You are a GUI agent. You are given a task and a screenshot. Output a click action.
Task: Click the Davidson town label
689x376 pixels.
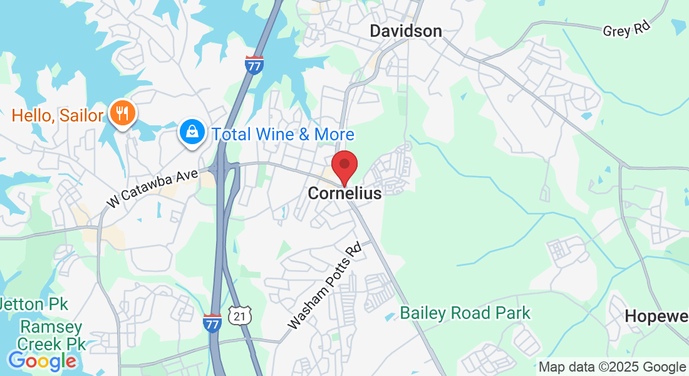pyautogui.click(x=405, y=31)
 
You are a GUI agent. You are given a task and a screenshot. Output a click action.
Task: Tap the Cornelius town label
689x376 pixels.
pyautogui.click(x=344, y=194)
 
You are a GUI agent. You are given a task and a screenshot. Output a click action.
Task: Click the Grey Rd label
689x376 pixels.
pyautogui.click(x=627, y=28)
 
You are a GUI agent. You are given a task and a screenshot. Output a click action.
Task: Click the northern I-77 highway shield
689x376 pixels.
pyautogui.click(x=254, y=65)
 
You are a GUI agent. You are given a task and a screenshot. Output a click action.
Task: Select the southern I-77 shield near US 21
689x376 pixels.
pyautogui.click(x=212, y=323)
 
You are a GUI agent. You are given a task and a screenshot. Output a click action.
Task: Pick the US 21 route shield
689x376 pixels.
pyautogui.click(x=239, y=316)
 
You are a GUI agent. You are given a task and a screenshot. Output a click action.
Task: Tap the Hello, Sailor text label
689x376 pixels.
pyautogui.click(x=57, y=115)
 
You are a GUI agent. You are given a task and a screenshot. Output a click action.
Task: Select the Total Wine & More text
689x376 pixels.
pyautogui.click(x=282, y=134)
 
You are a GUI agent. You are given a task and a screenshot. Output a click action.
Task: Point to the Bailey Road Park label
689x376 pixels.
pyautogui.click(x=465, y=313)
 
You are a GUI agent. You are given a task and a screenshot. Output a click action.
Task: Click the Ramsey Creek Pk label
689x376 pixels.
pyautogui.click(x=51, y=335)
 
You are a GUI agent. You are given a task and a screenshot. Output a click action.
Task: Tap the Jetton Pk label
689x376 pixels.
pyautogui.click(x=34, y=305)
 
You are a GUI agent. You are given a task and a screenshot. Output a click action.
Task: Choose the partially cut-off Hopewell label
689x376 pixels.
pyautogui.click(x=656, y=316)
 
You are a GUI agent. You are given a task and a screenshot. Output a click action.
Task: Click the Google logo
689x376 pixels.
pyautogui.click(x=42, y=361)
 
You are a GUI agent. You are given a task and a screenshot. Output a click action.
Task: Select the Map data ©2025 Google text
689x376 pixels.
pyautogui.click(x=612, y=367)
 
